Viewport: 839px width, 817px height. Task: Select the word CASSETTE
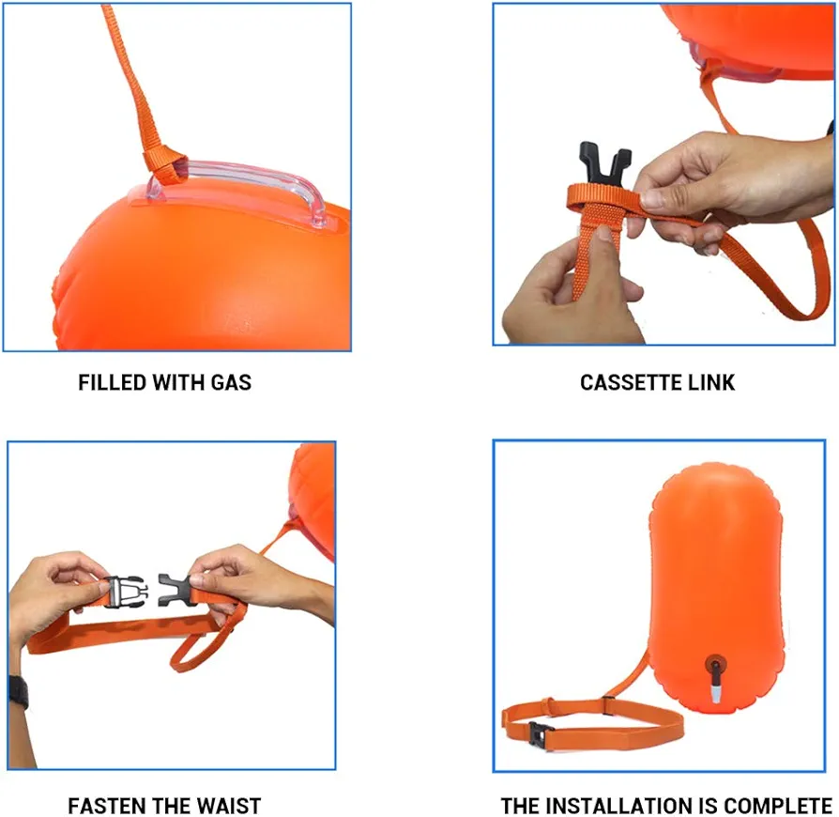point(630,382)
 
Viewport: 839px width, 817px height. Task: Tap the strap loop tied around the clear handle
point(163,165)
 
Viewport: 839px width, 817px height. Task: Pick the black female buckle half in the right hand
point(174,591)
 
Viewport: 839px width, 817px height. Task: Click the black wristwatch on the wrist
point(19,692)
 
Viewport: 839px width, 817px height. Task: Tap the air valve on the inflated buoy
point(715,675)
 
